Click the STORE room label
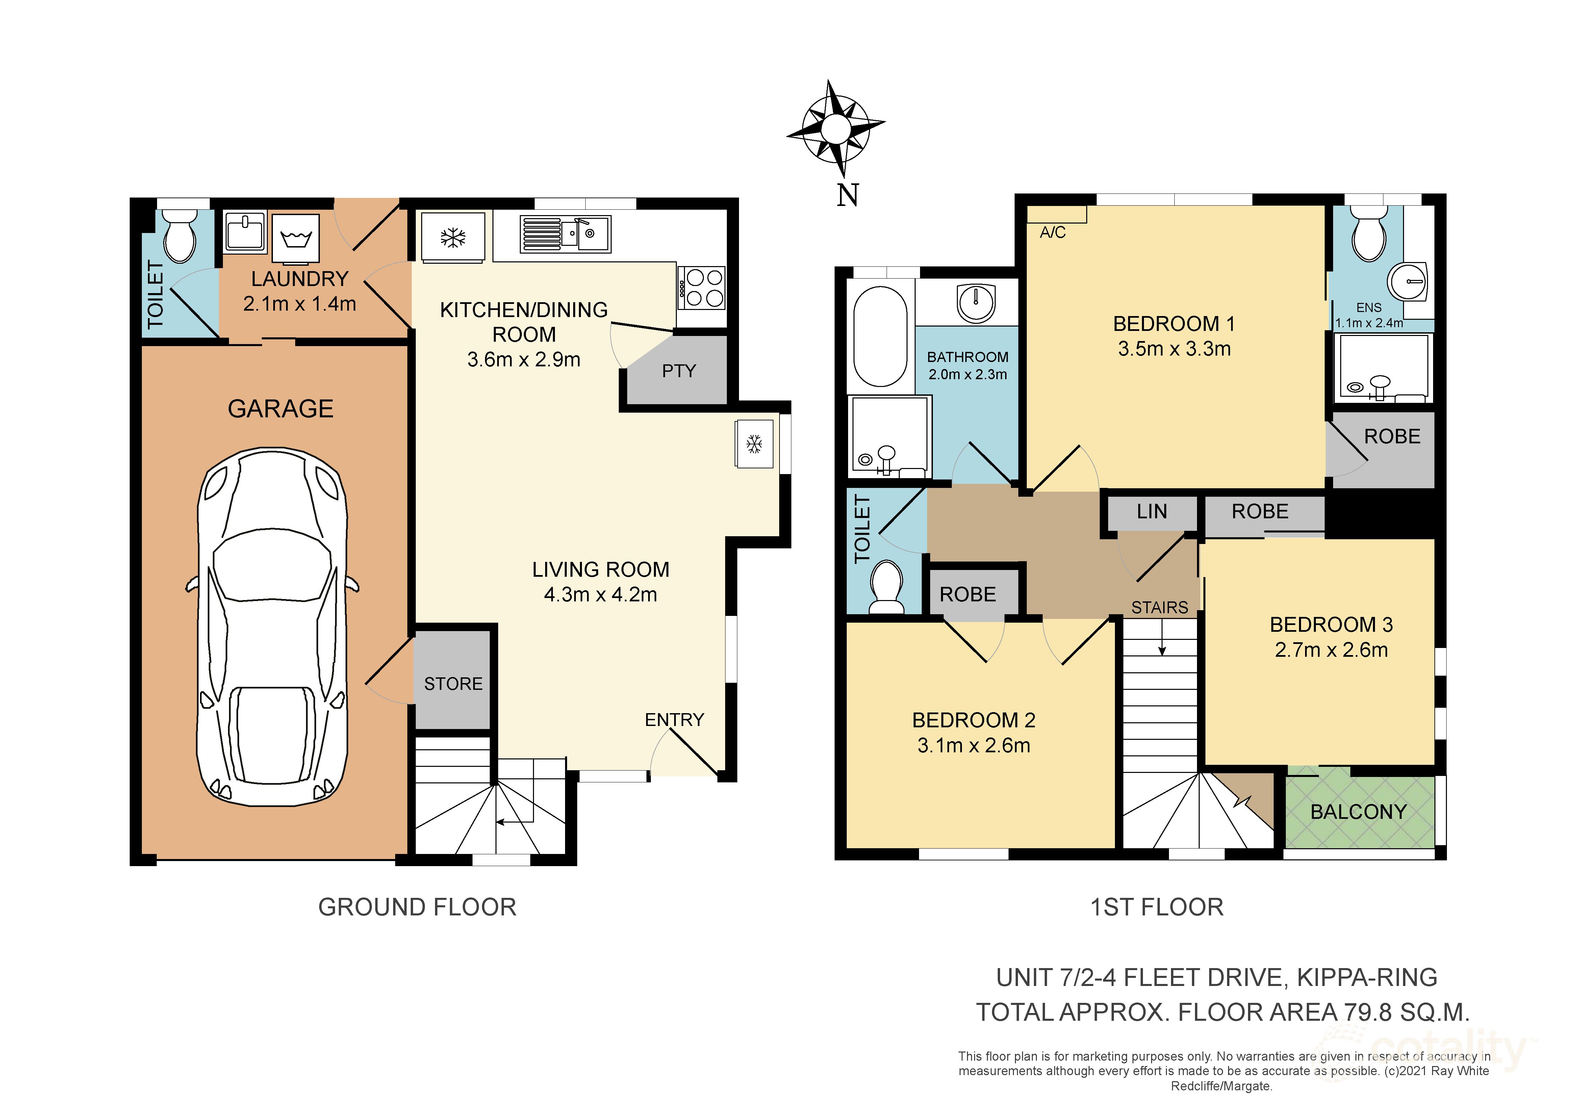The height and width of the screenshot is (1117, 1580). (453, 684)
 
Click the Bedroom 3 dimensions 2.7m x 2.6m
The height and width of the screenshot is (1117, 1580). (1331, 650)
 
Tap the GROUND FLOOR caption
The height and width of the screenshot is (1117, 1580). (417, 907)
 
